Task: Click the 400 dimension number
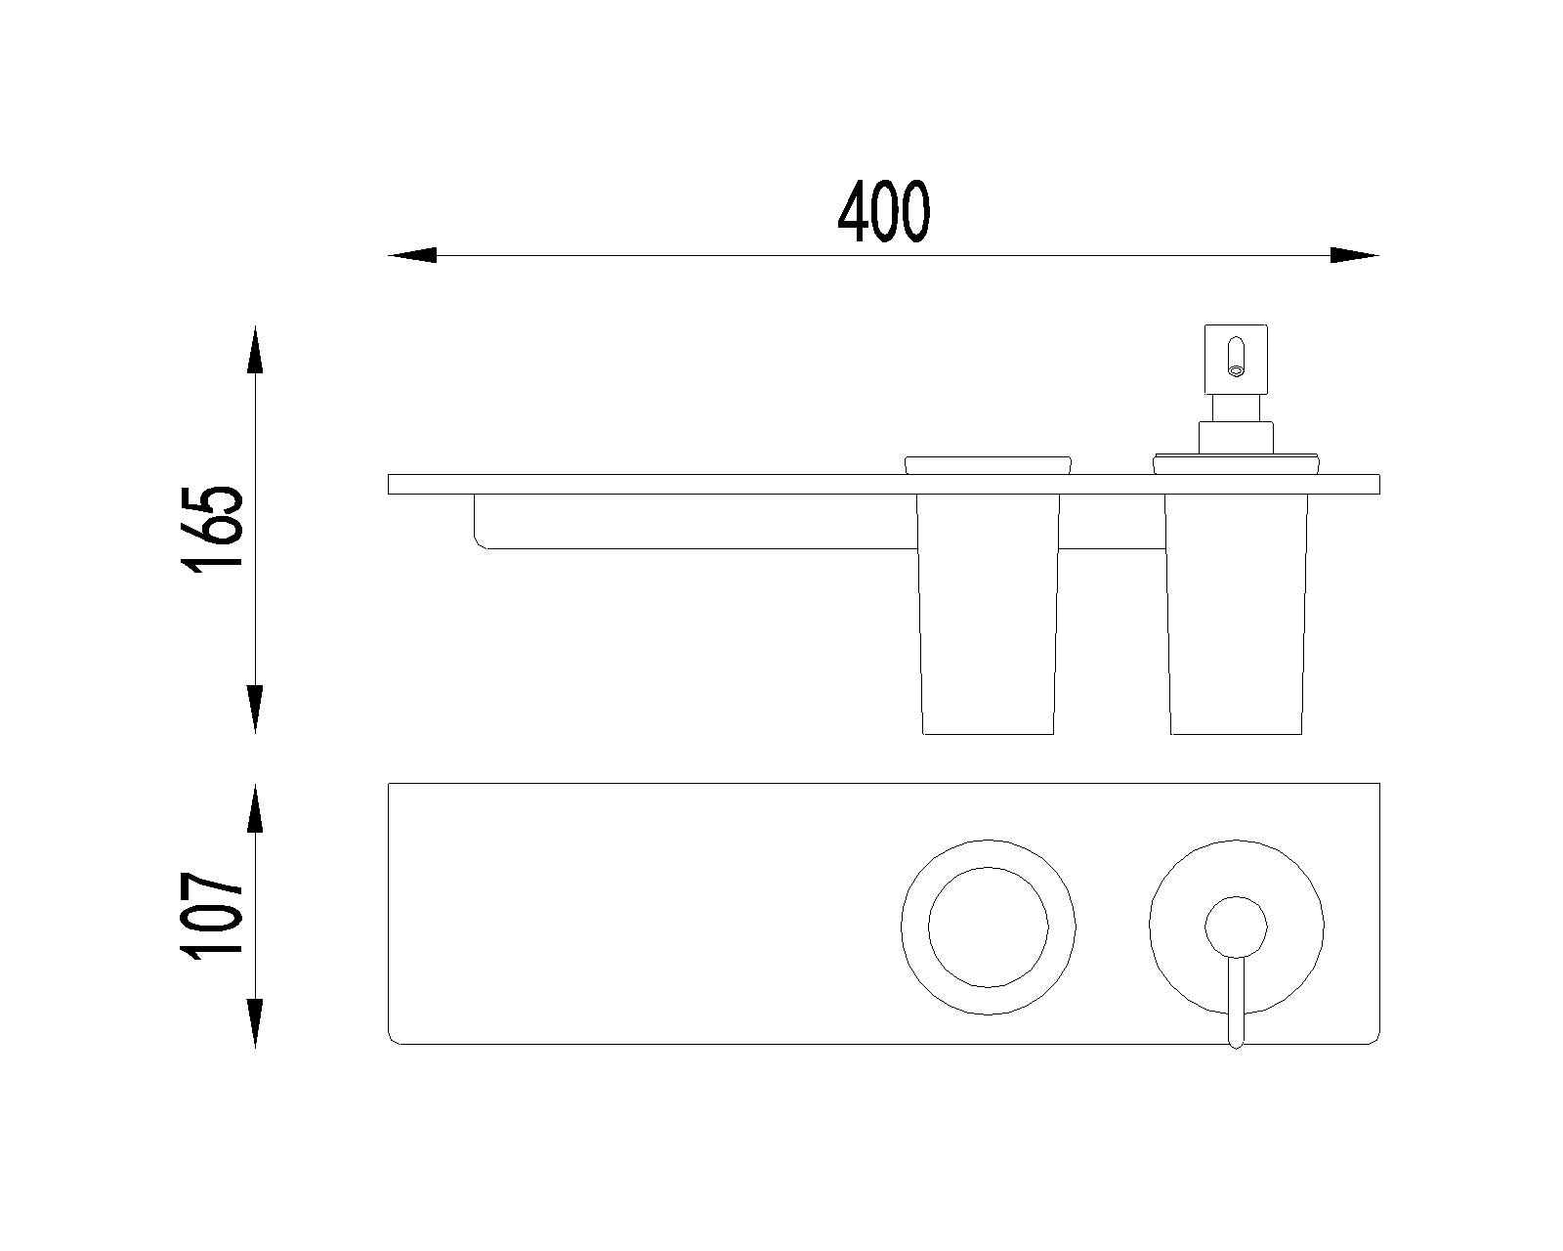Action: pos(884,211)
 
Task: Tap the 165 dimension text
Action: pos(212,529)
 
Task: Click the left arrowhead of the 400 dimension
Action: pos(412,255)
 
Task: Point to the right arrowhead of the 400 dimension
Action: pos(1355,255)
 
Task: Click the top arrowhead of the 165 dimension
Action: pos(255,350)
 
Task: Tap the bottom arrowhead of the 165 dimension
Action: pos(255,709)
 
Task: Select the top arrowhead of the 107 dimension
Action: pos(255,808)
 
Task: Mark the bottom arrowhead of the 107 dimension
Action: pos(255,1022)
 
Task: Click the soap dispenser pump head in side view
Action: pos(1236,359)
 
